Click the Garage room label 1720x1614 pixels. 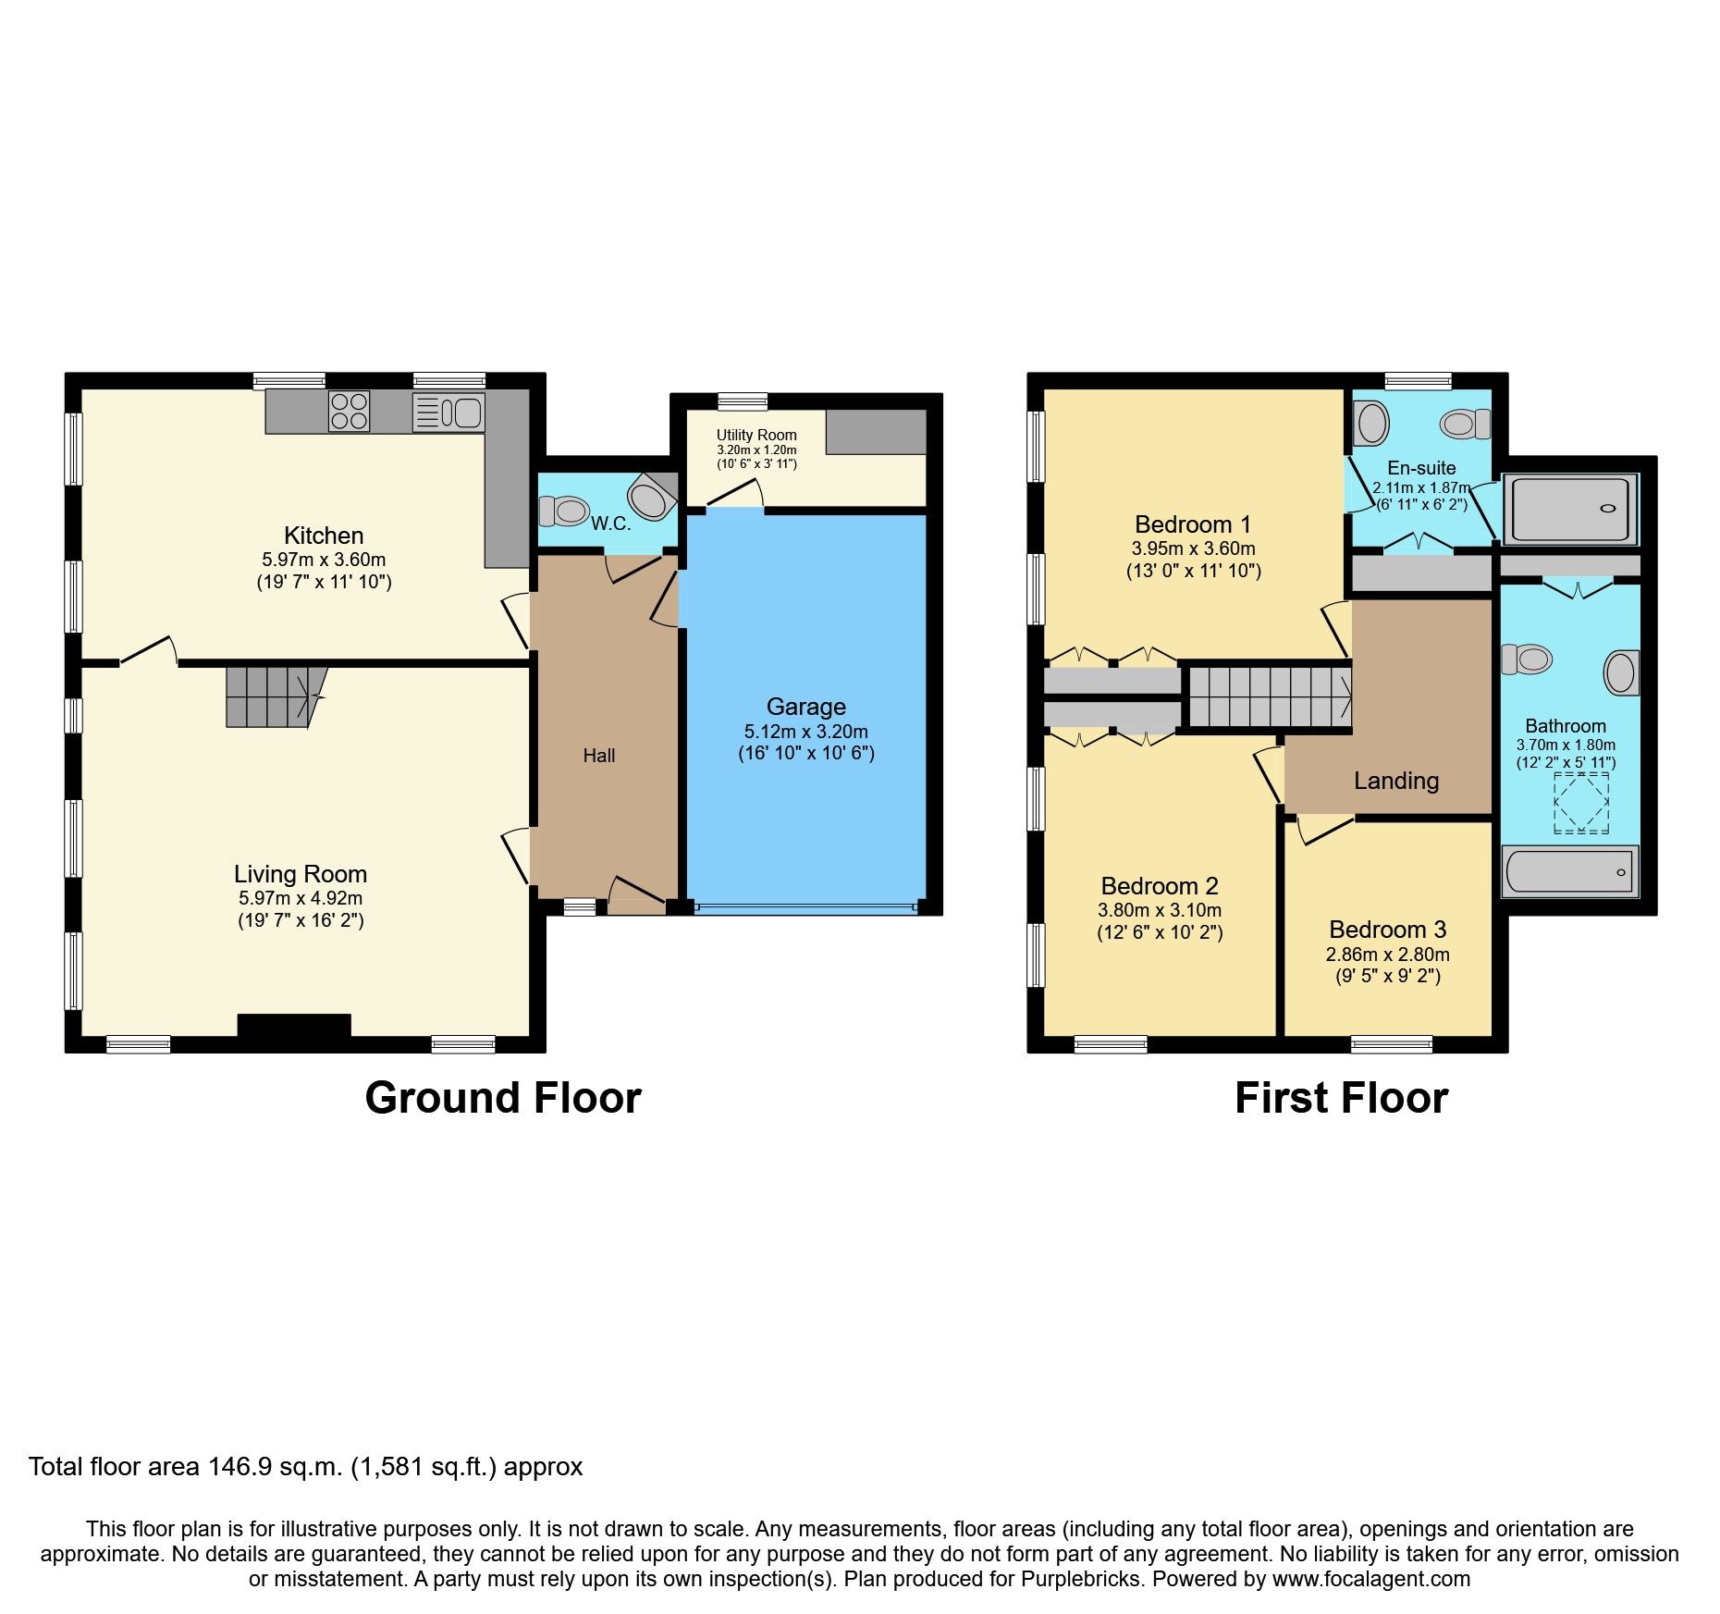805,707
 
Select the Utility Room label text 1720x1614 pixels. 756,435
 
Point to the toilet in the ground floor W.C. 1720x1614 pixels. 565,510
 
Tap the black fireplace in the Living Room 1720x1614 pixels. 294,1026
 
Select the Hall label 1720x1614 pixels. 598,756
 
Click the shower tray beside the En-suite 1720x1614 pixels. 1569,509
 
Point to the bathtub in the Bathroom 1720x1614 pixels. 1569,871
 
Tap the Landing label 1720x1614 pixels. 1395,781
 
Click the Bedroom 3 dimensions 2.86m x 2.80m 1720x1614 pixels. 1387,955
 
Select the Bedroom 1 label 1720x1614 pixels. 1192,524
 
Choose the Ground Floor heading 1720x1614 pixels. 502,1098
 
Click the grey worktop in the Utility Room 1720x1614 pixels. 875,431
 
